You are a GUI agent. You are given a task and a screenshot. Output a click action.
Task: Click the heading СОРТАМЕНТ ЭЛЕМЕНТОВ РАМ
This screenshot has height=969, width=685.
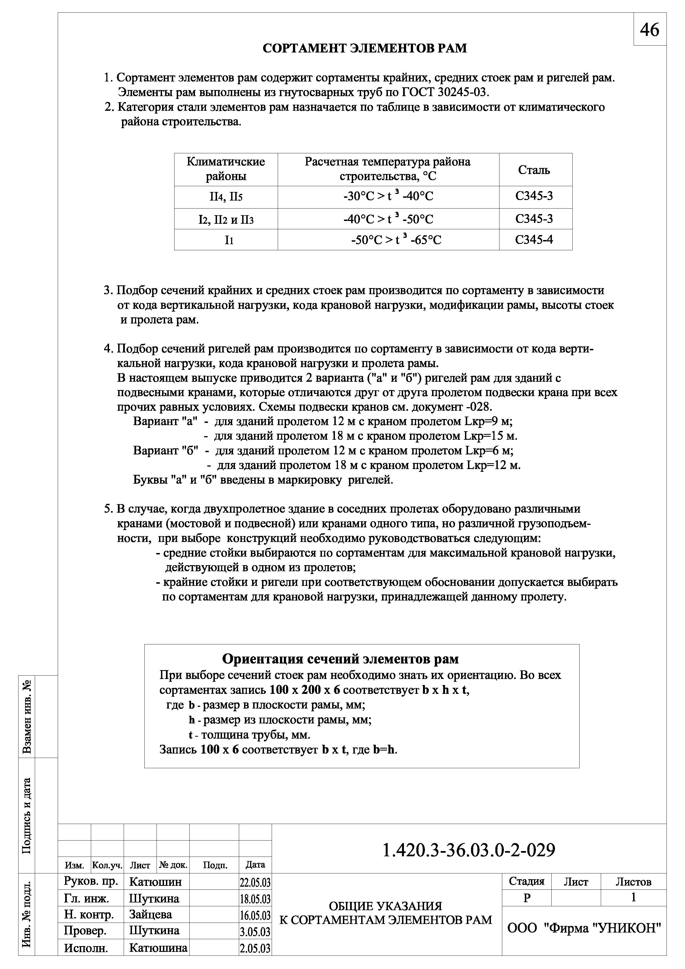pos(364,48)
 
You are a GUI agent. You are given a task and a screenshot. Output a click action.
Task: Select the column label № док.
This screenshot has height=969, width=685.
pos(173,865)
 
